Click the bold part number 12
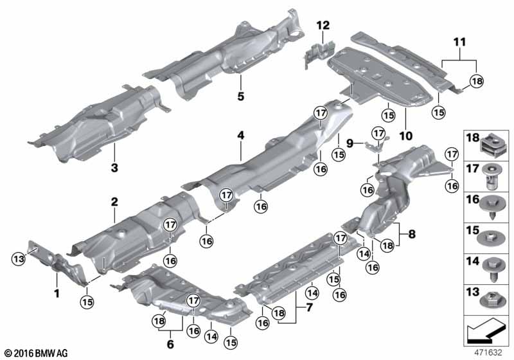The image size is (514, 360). [323, 25]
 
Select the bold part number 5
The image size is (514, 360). [241, 96]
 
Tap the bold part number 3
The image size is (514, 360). [114, 168]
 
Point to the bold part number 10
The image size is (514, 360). [406, 136]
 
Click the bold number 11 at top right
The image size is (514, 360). [459, 42]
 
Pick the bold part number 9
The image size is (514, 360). [350, 143]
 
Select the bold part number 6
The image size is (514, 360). [170, 345]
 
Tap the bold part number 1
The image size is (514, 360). [57, 293]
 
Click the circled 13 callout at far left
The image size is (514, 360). [19, 259]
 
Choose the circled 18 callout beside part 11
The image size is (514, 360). [476, 81]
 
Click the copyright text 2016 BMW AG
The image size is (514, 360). [37, 353]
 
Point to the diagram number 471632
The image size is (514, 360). [488, 353]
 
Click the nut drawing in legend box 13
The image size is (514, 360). [493, 300]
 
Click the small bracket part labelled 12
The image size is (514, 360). [319, 53]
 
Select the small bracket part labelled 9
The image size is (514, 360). [377, 144]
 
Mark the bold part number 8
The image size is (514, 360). [412, 234]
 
